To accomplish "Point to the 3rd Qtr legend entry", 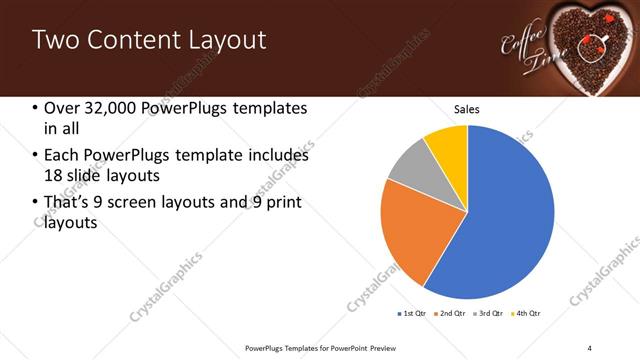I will [490, 313].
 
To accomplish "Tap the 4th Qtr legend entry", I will [528, 313].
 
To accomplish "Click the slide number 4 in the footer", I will [590, 347].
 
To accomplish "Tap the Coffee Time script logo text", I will [525, 50].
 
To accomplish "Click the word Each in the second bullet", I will [63, 156].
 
